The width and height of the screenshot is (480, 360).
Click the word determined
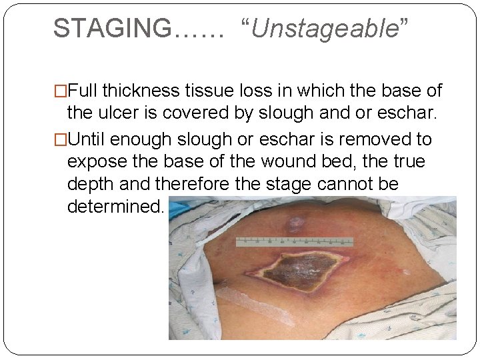point(115,206)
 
